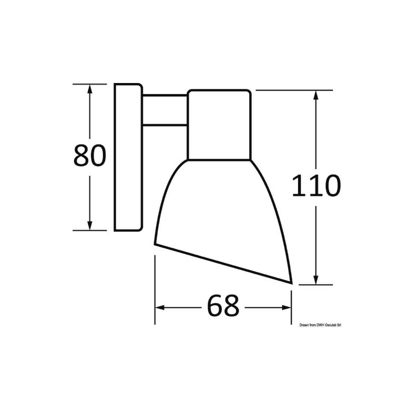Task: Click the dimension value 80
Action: coord(89,156)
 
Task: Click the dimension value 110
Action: coord(316,186)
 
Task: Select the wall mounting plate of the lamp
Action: coord(128,157)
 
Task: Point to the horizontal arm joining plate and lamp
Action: coord(165,110)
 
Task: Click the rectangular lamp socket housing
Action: coord(219,125)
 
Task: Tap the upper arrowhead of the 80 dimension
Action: coord(90,89)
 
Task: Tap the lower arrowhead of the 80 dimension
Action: coord(90,225)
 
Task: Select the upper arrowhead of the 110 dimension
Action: coord(316,95)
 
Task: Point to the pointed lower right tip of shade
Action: coord(291,283)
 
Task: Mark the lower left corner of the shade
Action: coord(155,244)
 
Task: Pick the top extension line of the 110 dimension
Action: coord(294,90)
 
